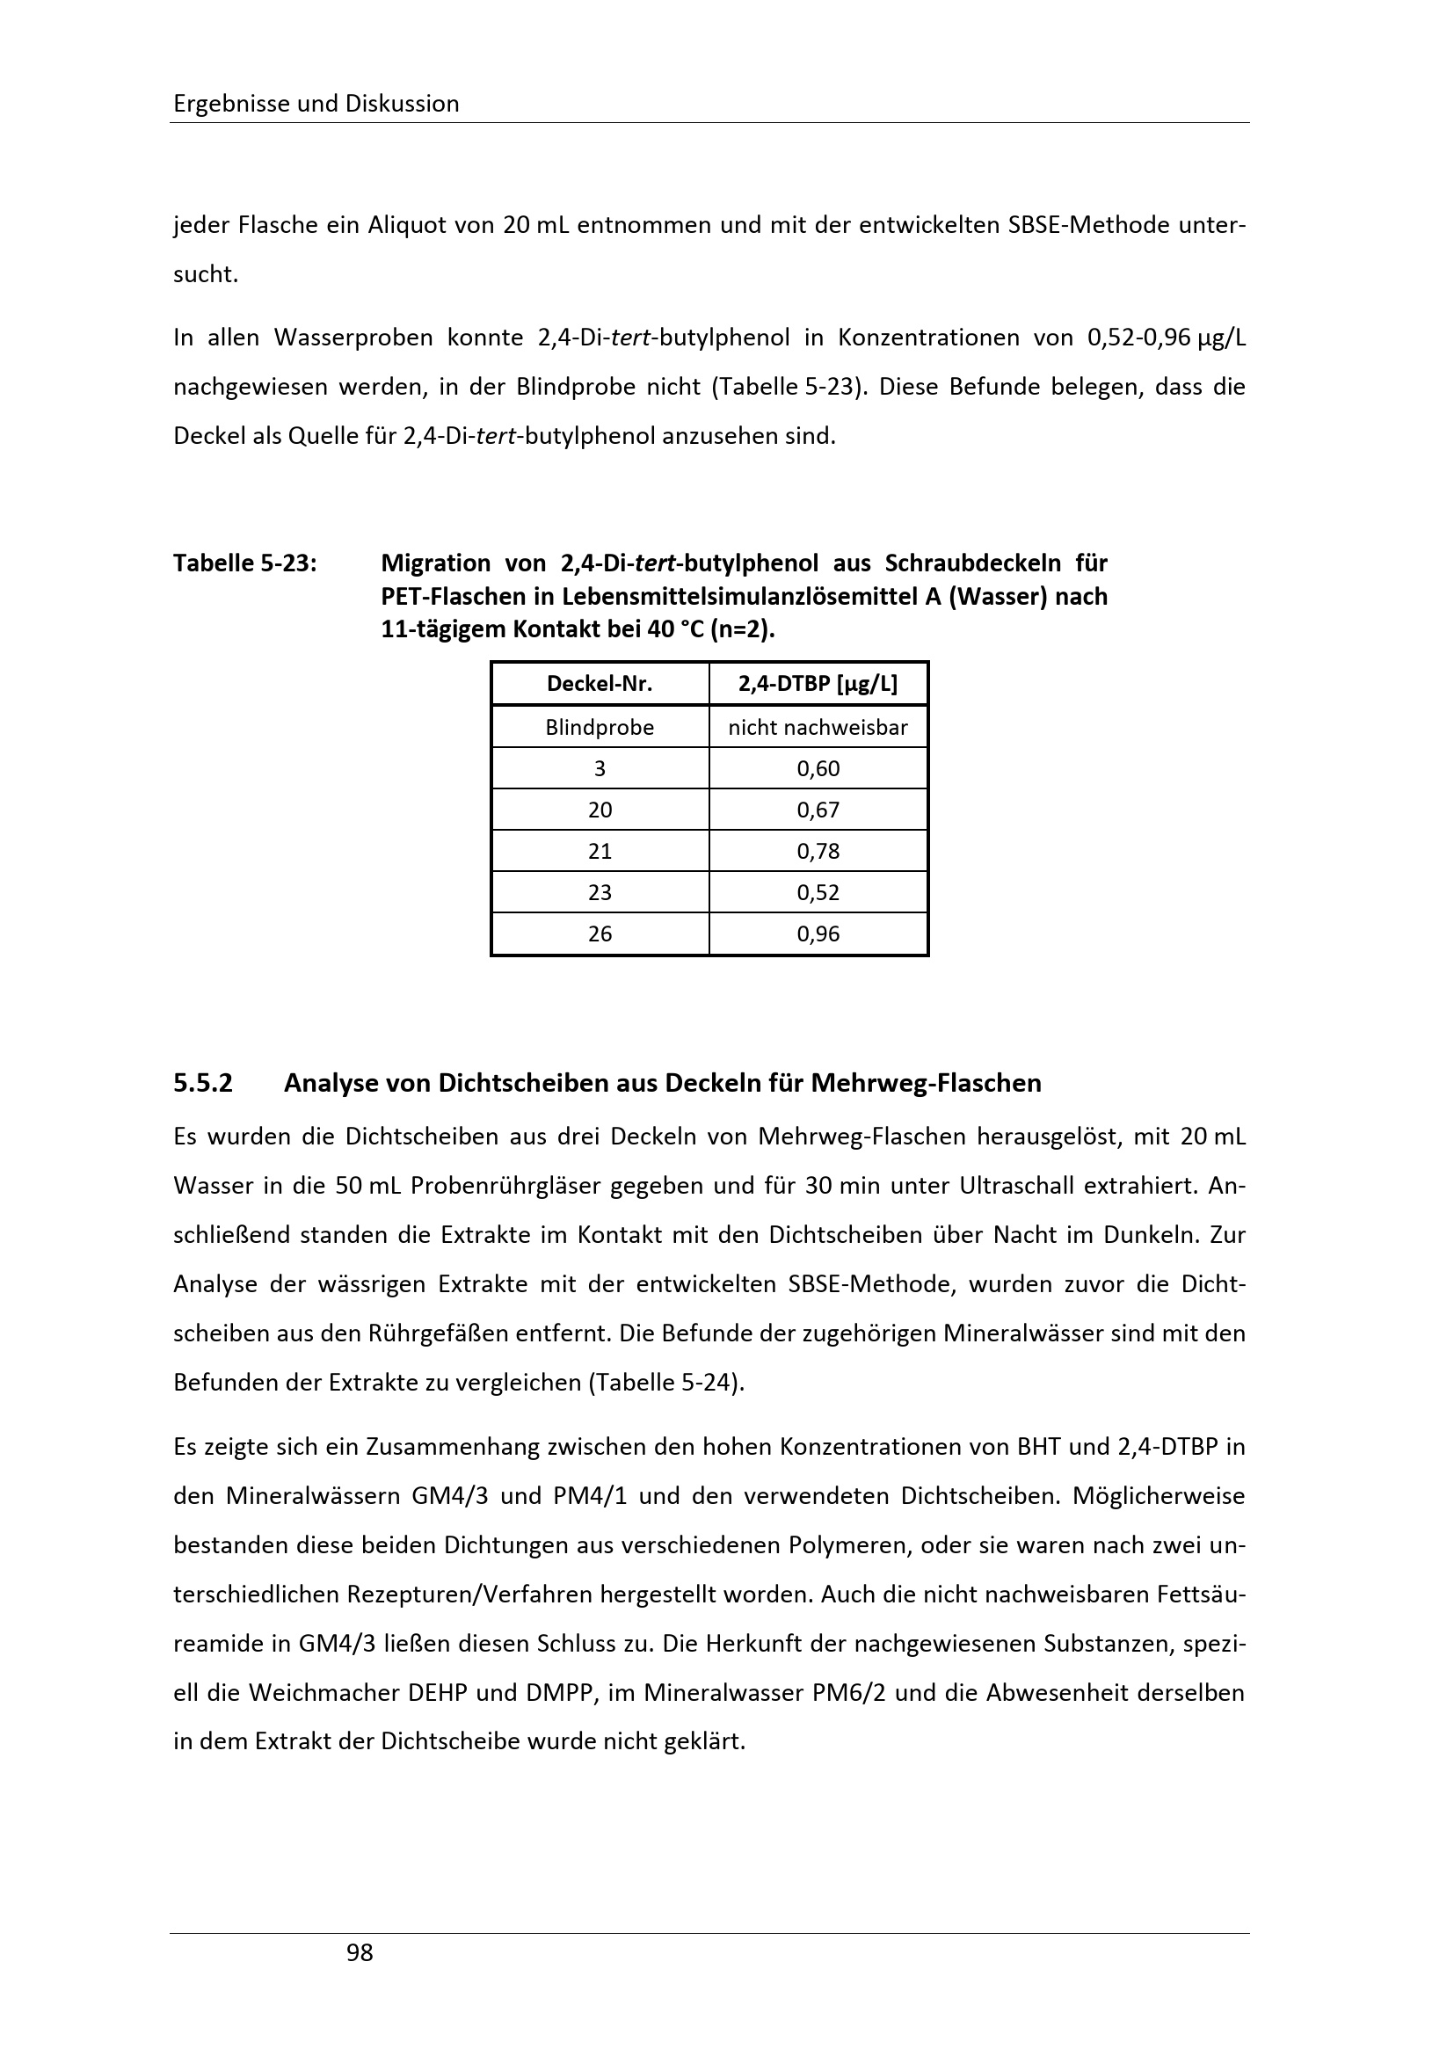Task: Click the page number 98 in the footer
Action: [x=359, y=1952]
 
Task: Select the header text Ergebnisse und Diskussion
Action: [x=316, y=104]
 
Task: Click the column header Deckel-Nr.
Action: [x=599, y=684]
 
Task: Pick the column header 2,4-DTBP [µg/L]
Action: [x=818, y=684]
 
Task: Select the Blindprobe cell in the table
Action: [x=599, y=727]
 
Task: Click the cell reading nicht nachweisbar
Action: [x=818, y=727]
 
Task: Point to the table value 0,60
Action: [x=818, y=768]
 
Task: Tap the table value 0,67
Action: [x=818, y=810]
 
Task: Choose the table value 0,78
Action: [x=818, y=851]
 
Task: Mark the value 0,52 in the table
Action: [x=818, y=892]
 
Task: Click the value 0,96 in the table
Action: [x=818, y=934]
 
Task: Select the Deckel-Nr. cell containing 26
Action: [x=599, y=934]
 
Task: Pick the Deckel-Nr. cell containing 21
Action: [x=599, y=851]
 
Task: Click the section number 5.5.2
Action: [x=202, y=1084]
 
